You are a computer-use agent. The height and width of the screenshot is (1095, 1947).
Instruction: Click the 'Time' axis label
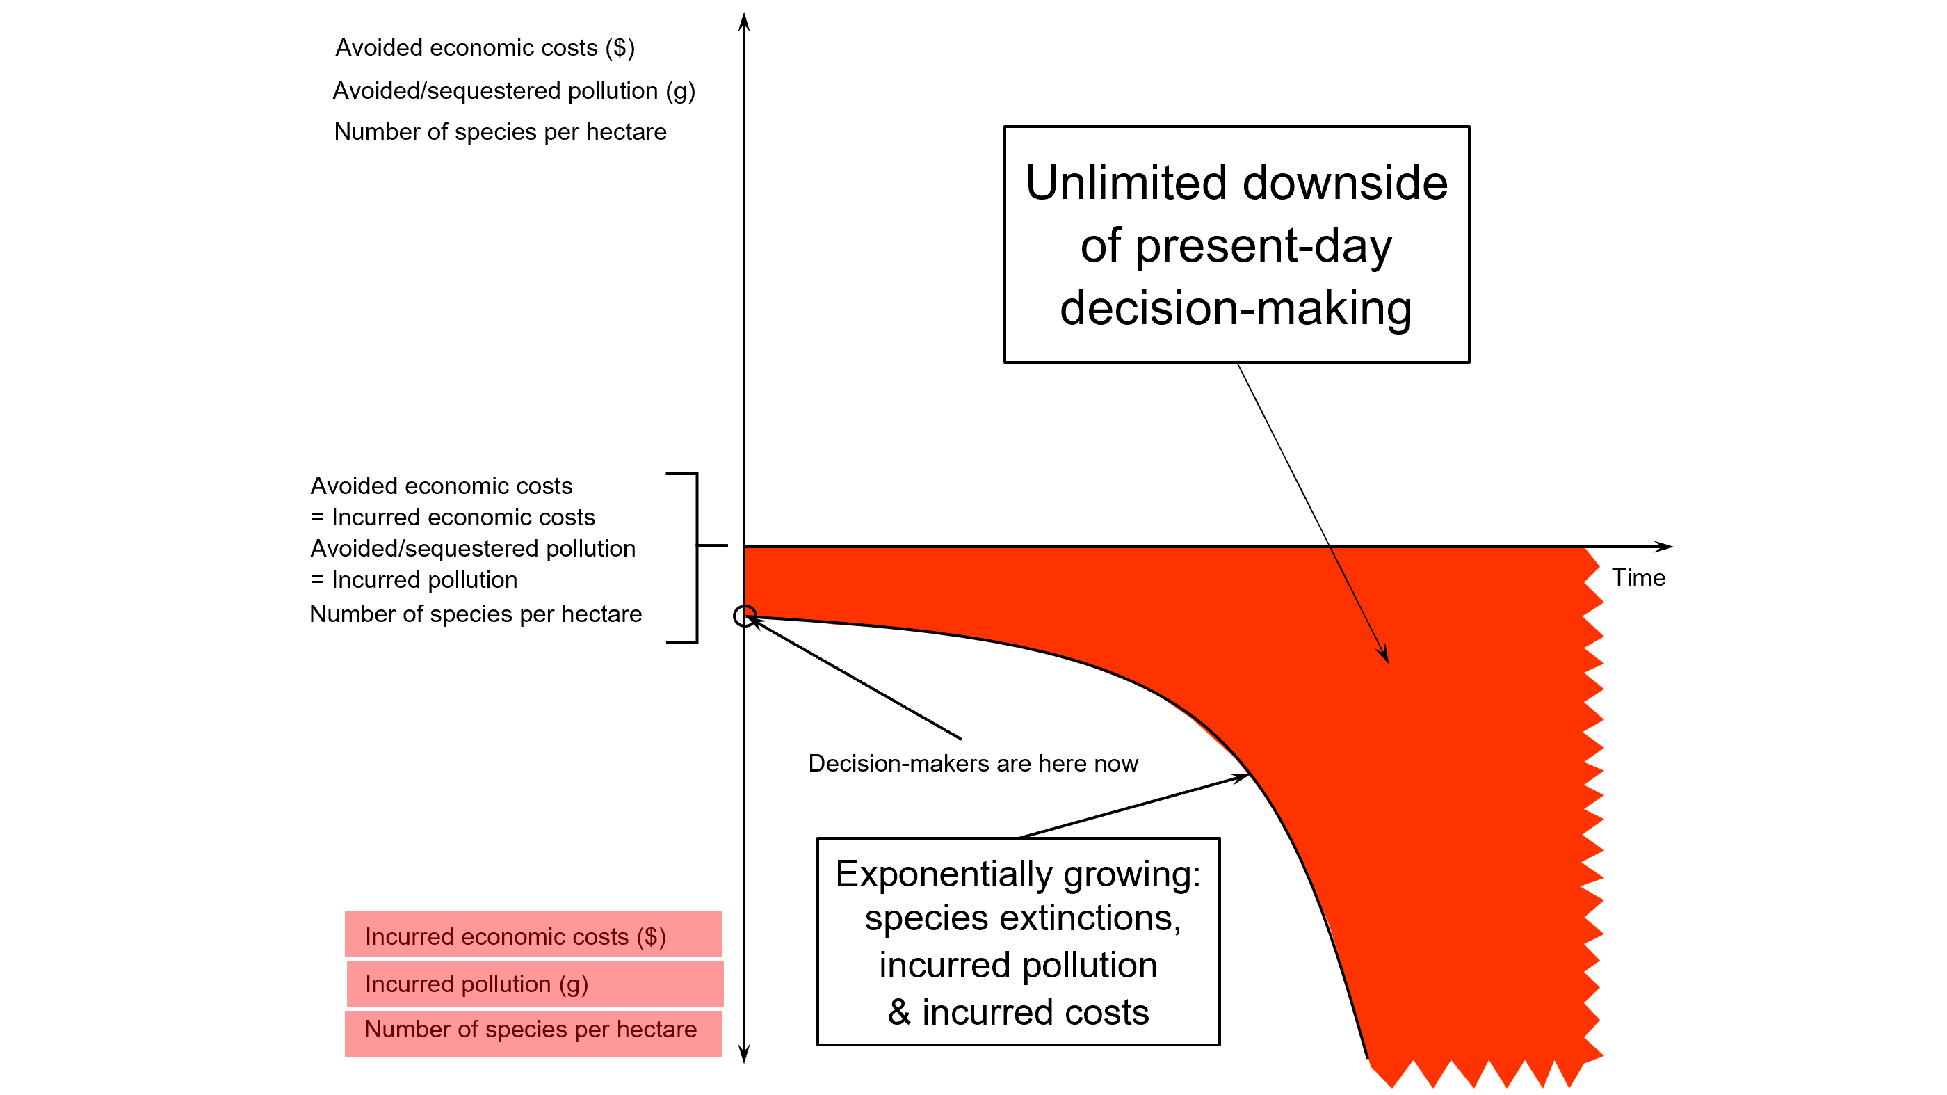[1638, 577]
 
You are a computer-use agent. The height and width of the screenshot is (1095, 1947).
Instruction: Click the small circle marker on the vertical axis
[745, 616]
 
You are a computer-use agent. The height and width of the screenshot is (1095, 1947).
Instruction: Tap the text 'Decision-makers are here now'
[973, 763]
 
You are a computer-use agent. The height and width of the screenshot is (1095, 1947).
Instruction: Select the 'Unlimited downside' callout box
[1236, 244]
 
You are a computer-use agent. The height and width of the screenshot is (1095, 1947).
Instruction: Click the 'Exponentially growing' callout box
[1018, 941]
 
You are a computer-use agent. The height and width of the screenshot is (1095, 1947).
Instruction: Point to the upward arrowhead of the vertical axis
[744, 21]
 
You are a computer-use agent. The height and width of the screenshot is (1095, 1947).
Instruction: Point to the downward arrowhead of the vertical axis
[744, 1054]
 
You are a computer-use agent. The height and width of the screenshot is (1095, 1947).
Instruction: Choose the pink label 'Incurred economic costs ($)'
[533, 935]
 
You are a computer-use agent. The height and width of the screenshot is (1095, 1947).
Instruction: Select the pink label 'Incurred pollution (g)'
[534, 983]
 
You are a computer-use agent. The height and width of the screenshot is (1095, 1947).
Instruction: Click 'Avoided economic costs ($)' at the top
[485, 47]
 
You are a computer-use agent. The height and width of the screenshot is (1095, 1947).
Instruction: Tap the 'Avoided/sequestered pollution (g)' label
[514, 90]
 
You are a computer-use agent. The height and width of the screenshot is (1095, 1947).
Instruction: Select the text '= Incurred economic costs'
[453, 518]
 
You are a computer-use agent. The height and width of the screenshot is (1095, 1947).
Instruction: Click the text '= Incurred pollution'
[414, 580]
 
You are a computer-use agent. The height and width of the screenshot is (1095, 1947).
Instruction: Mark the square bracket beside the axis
[695, 557]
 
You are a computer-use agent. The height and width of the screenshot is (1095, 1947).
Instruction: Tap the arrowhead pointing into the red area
[1384, 655]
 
